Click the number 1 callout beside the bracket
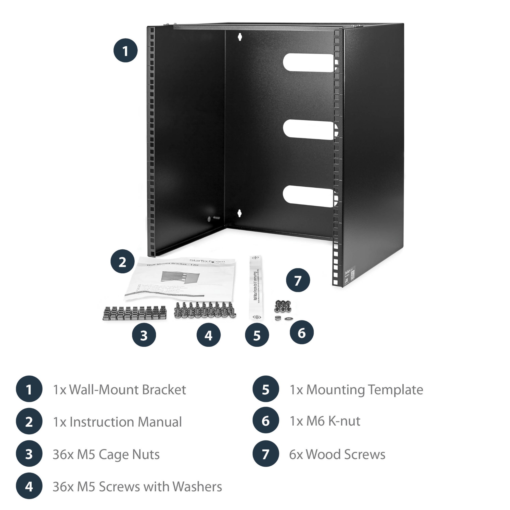pyautogui.click(x=125, y=50)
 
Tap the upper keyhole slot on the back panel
pyautogui.click(x=240, y=37)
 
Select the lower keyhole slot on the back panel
pyautogui.click(x=239, y=213)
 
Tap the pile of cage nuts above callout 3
pyautogui.click(x=135, y=313)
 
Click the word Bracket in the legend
pyautogui.click(x=164, y=390)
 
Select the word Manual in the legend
pyautogui.click(x=160, y=422)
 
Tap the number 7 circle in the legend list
pyautogui.click(x=265, y=454)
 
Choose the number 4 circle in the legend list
pyautogui.click(x=29, y=486)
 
